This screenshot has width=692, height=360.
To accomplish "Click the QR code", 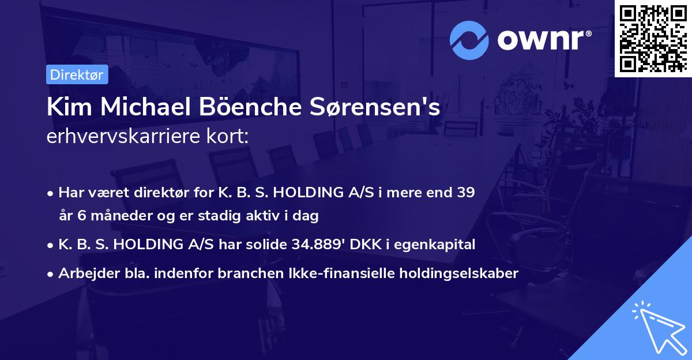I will pyautogui.click(x=653, y=39).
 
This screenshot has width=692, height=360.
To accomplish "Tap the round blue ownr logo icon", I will pyautogui.click(x=469, y=40).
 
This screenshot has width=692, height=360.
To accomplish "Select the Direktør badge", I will pyautogui.click(x=77, y=74).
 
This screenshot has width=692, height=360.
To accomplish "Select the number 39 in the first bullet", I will pyautogui.click(x=465, y=193).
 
